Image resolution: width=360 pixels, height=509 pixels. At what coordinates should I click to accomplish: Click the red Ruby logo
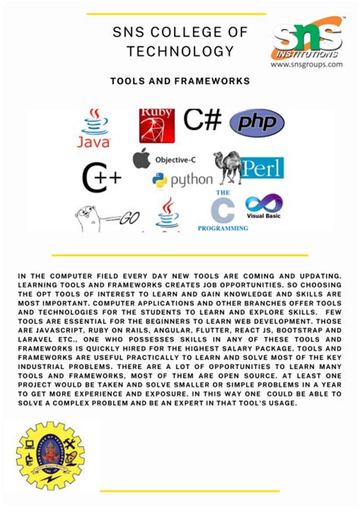156,126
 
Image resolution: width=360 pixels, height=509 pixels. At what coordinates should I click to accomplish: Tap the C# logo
202,120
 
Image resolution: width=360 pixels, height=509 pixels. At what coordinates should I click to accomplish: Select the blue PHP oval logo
257,122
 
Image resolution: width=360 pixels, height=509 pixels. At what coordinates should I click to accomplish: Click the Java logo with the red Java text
94,128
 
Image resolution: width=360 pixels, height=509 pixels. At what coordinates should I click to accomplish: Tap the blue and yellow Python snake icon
159,180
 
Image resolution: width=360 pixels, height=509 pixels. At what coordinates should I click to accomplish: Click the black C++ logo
101,179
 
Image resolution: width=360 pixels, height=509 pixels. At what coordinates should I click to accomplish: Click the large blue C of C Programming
223,210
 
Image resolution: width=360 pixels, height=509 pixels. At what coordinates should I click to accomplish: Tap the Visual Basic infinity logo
264,205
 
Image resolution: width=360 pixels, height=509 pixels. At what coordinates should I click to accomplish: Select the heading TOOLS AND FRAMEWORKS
180,80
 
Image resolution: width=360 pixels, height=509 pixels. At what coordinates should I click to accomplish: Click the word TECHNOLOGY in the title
180,52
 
